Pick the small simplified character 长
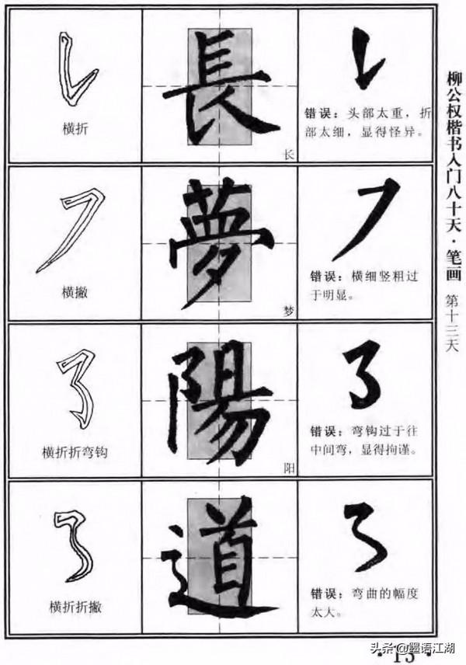290,155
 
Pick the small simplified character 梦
290,312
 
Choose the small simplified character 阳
290,468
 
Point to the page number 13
405,657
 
